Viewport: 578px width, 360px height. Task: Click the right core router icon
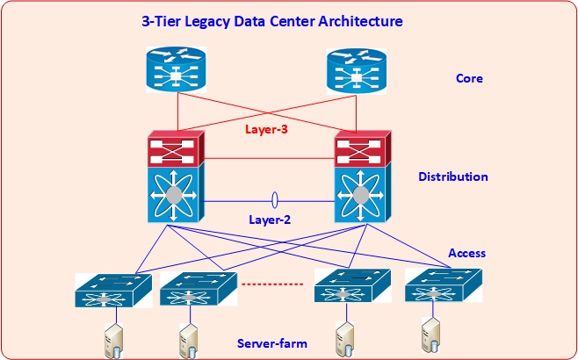pos(356,70)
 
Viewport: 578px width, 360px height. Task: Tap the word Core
pos(469,79)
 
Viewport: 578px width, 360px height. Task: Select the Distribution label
pos(453,176)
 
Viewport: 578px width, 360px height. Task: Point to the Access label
pos(467,253)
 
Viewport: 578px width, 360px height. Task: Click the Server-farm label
pos(272,342)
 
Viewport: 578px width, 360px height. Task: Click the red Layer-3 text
pos(268,130)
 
